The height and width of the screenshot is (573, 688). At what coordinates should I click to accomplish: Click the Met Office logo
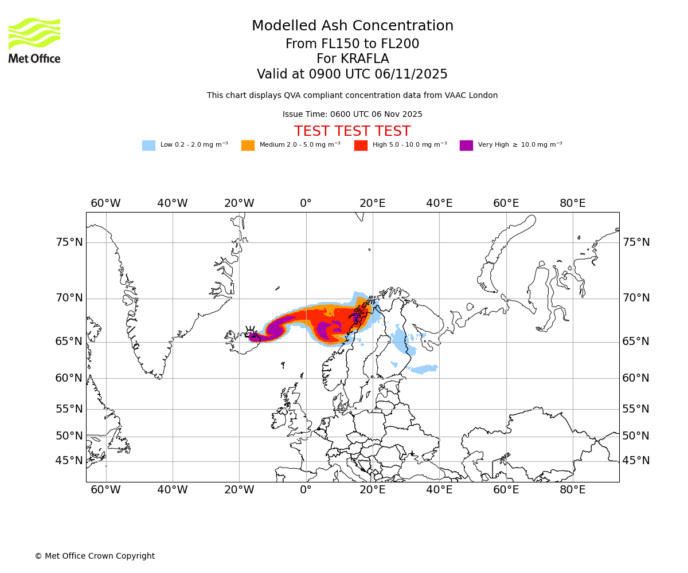[34, 40]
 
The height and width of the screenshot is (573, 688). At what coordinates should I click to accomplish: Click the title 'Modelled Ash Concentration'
[352, 26]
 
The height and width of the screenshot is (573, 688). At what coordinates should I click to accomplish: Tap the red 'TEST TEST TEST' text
[352, 132]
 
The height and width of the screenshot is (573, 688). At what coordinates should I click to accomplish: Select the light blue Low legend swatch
[148, 146]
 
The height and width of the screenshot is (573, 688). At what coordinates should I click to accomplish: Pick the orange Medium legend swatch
[248, 146]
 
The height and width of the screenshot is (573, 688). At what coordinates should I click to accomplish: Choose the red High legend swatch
[361, 146]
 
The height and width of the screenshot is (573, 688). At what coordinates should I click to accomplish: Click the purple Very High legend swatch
[466, 146]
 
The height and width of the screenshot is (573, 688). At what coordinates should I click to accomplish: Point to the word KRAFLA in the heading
[365, 59]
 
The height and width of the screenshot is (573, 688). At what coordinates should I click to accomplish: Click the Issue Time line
[352, 115]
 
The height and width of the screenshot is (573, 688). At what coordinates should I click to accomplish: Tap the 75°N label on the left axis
[69, 242]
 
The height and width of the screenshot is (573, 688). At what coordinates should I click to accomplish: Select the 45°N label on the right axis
[636, 461]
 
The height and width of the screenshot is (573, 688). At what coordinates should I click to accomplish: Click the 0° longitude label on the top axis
[306, 203]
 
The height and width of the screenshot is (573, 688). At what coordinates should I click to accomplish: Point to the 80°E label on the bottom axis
[572, 490]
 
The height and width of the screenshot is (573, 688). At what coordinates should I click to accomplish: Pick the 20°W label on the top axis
[239, 203]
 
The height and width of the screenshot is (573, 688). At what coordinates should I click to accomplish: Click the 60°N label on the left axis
[69, 378]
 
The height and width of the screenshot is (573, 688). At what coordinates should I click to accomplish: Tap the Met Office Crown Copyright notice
[95, 556]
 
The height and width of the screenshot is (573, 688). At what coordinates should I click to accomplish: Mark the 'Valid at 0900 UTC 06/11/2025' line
[352, 74]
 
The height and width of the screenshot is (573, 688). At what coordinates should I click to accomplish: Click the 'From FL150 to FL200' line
[352, 44]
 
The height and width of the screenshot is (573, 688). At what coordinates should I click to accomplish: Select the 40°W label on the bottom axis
[173, 490]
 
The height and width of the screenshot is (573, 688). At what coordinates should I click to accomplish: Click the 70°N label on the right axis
[636, 298]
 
